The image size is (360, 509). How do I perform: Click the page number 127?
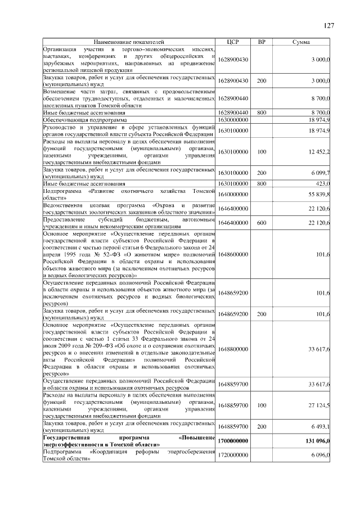(x=329, y=25)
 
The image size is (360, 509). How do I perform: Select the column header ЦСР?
(x=233, y=42)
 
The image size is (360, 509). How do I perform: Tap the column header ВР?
(x=261, y=42)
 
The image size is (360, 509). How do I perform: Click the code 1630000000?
(x=233, y=120)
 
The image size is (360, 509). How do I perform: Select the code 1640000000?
(x=233, y=194)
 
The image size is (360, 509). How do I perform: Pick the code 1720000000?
(x=233, y=454)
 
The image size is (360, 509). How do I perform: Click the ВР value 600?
(x=261, y=223)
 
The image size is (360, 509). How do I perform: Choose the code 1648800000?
(x=233, y=349)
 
